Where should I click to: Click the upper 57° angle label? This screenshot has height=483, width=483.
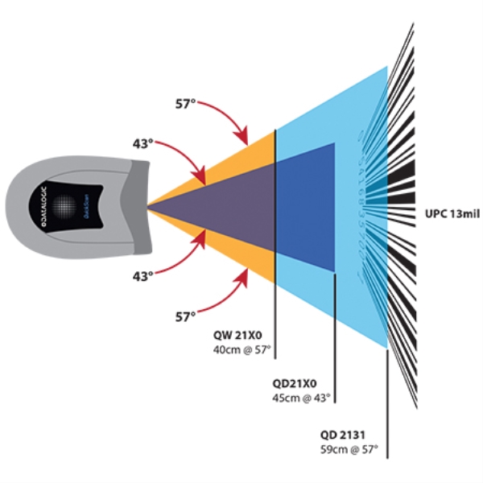[186, 105]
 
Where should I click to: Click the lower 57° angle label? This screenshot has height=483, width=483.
[186, 317]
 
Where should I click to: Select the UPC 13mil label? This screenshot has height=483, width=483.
[449, 214]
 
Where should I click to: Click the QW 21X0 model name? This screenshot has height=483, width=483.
[237, 337]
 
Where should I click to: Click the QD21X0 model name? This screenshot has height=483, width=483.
[295, 383]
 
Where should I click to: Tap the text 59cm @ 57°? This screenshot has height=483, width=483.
[349, 448]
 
